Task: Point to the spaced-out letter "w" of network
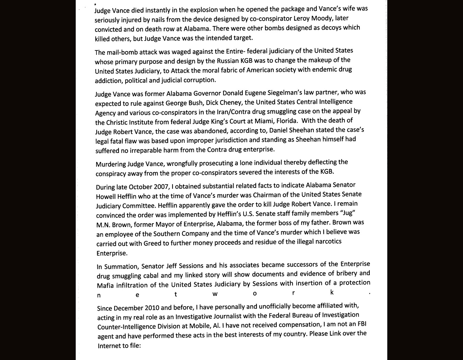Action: [215, 294]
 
